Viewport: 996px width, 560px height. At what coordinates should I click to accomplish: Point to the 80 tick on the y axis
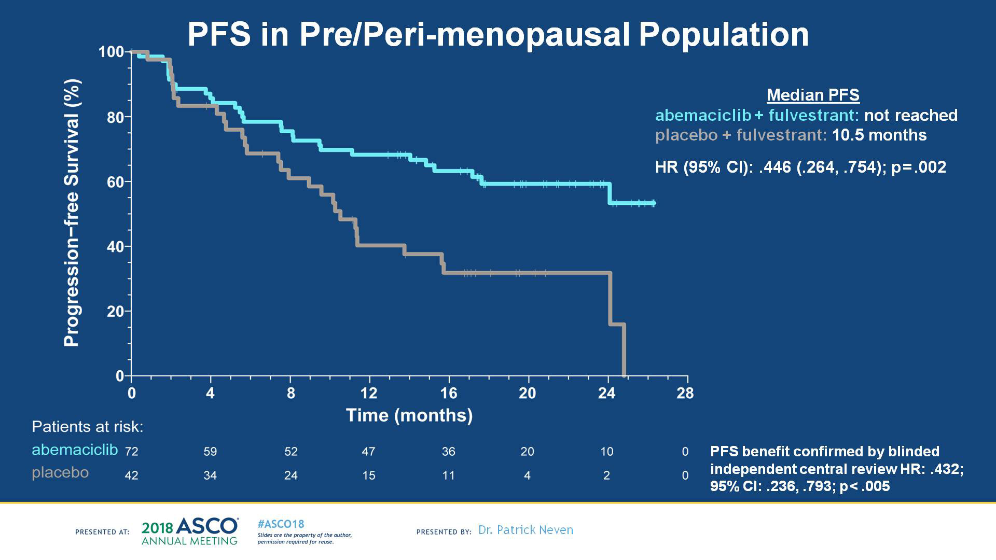(115, 117)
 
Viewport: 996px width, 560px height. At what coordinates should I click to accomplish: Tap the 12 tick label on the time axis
(369, 393)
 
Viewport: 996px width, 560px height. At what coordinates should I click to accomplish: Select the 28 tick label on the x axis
(685, 393)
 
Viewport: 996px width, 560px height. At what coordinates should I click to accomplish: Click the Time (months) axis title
(409, 415)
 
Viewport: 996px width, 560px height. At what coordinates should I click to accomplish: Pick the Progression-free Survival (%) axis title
(72, 213)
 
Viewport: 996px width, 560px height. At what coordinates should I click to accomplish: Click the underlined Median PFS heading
(813, 95)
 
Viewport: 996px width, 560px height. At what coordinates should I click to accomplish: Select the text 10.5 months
(879, 135)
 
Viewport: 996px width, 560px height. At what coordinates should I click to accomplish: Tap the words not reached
(910, 115)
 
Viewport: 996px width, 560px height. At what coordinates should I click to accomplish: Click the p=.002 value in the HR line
(919, 167)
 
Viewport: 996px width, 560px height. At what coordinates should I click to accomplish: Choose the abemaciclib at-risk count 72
(132, 452)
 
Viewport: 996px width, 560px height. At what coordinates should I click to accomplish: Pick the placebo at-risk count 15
(369, 475)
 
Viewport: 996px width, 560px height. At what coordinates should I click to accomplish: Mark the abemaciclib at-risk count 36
(449, 452)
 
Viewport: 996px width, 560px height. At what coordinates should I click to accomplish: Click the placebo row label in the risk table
(60, 473)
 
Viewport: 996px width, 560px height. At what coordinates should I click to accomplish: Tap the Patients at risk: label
(87, 427)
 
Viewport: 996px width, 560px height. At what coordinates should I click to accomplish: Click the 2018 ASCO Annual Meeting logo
(190, 531)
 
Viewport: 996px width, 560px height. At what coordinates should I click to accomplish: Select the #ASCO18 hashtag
(281, 524)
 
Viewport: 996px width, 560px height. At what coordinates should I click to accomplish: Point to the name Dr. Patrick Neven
(525, 530)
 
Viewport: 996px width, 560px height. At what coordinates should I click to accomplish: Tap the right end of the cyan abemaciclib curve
(654, 203)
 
